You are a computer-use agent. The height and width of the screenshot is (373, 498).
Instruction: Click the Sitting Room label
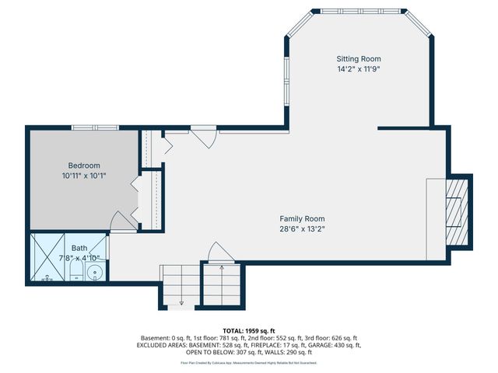(359, 59)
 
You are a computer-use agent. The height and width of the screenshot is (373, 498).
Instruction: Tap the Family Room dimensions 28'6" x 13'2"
(303, 229)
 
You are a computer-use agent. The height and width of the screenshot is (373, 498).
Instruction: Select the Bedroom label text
(84, 166)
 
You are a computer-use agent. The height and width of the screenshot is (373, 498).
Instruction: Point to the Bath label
(79, 248)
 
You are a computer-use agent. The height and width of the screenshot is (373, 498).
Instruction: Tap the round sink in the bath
(95, 272)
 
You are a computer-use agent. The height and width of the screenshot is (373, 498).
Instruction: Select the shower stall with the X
(47, 259)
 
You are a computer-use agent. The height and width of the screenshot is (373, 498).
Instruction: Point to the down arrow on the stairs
(181, 302)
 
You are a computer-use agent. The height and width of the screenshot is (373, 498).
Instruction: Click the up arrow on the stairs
(223, 268)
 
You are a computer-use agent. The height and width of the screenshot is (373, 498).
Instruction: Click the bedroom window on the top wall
(95, 127)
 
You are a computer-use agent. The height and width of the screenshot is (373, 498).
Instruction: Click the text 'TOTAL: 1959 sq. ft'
(249, 329)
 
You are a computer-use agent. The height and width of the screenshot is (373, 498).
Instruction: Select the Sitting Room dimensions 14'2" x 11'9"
(359, 69)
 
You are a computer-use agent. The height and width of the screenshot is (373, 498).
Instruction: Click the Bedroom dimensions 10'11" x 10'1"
(84, 176)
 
